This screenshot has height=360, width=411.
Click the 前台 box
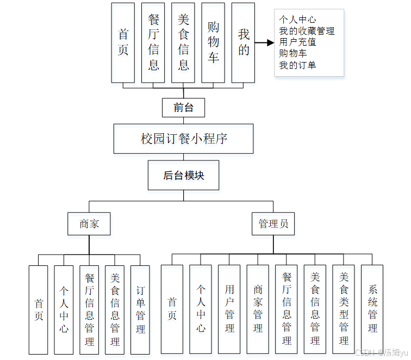[x=183, y=108]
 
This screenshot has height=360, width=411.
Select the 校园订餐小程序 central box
[x=184, y=139]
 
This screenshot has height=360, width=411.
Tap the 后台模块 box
[x=184, y=175]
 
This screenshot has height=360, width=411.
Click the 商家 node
[x=89, y=224]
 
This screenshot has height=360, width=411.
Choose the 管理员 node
[x=273, y=224]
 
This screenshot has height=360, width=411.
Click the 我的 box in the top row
[x=243, y=42]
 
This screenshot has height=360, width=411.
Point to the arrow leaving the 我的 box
[x=264, y=43]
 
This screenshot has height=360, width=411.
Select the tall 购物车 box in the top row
[x=213, y=42]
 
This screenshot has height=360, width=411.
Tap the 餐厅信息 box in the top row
[x=153, y=42]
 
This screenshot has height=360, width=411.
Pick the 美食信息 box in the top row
[x=183, y=42]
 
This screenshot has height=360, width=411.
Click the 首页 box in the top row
[x=123, y=42]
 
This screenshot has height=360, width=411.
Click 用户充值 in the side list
[x=297, y=42]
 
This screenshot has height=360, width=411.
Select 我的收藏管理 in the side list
[x=307, y=31]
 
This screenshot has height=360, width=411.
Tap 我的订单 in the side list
[x=297, y=65]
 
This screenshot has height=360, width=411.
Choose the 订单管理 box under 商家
[x=140, y=310]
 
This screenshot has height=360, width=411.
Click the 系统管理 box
[x=372, y=310]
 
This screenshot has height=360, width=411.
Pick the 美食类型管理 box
[x=344, y=310]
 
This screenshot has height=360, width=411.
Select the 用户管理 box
[x=229, y=310]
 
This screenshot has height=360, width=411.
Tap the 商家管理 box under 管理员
[x=258, y=310]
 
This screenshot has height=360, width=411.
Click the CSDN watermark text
[x=380, y=352]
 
